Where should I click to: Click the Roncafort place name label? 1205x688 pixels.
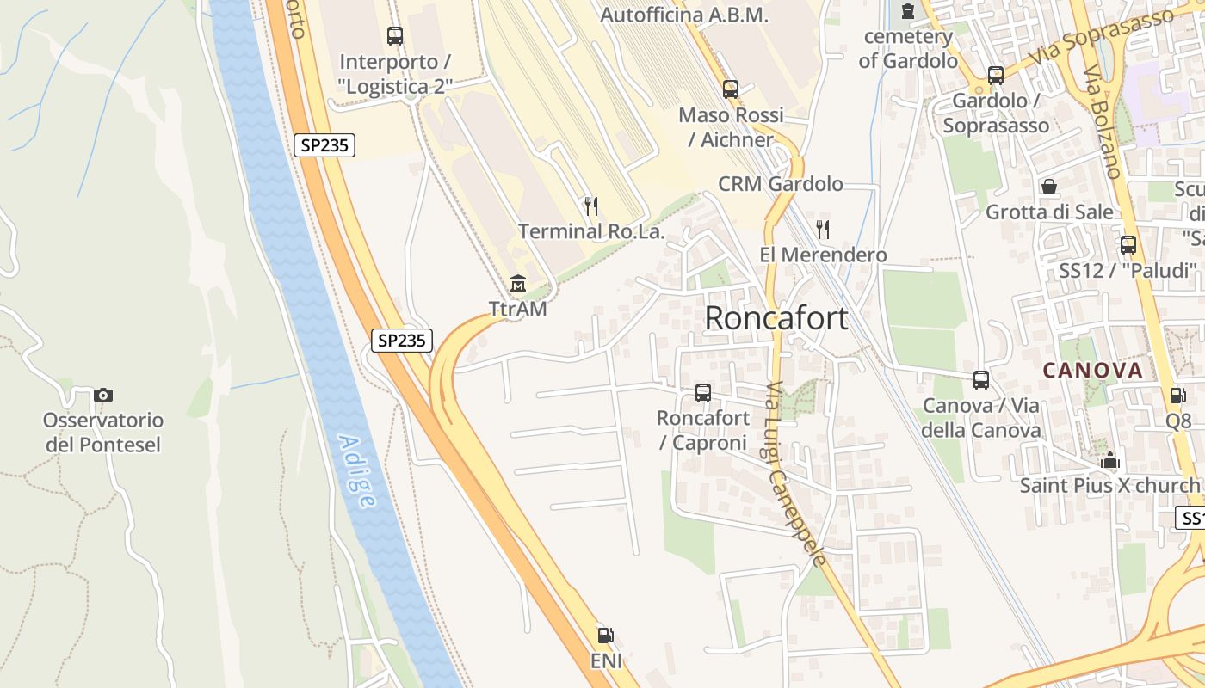(776, 318)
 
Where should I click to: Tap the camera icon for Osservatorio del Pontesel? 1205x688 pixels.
(103, 395)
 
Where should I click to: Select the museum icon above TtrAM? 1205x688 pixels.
(518, 283)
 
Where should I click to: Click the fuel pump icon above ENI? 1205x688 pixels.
(606, 636)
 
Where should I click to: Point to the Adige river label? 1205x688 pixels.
(356, 470)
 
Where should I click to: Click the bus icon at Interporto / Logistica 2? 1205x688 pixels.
(395, 36)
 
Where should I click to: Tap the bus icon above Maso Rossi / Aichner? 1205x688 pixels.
(731, 89)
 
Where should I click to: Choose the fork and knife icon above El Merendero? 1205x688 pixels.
(823, 229)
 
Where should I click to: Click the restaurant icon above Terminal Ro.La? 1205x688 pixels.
(590, 206)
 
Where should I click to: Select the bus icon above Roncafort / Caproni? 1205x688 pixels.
(703, 393)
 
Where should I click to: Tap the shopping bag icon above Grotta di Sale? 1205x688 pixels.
(1049, 187)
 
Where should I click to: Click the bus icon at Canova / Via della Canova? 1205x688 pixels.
(981, 379)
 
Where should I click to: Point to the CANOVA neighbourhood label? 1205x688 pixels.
(1093, 371)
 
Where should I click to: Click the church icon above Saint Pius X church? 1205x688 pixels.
(1110, 460)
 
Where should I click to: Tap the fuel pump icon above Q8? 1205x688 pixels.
(1177, 395)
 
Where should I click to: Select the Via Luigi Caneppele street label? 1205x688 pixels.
(797, 473)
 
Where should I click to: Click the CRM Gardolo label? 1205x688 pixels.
(781, 184)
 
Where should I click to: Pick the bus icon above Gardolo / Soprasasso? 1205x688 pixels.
(996, 75)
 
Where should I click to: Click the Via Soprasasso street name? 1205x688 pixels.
(1104, 38)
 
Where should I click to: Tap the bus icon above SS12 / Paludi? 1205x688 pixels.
(1128, 244)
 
